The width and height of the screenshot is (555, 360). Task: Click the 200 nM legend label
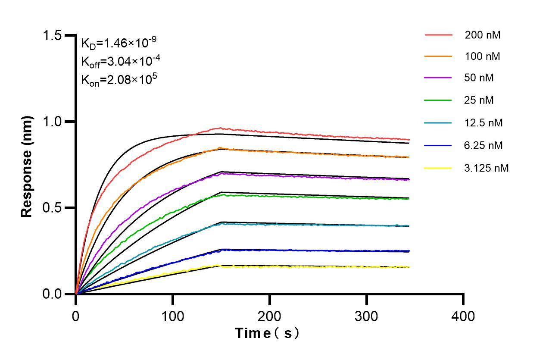482,35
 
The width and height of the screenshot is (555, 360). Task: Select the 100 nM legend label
482,56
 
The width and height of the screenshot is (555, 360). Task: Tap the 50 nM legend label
479,78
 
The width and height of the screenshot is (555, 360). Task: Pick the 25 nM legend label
479,100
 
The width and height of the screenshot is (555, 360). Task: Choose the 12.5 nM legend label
483,123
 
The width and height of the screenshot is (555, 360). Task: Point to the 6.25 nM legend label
483,145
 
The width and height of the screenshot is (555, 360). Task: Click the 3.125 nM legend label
486,168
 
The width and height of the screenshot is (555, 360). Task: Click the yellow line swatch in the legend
438,168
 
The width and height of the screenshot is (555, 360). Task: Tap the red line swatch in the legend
438,35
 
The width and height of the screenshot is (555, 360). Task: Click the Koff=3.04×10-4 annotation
121,61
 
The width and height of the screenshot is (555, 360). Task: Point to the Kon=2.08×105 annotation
116,80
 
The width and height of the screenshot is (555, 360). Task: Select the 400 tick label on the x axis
463,316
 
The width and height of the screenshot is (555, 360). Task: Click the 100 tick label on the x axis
172,316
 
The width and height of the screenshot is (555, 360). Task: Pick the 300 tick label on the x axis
366,316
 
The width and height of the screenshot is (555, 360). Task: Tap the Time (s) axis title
267,333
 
